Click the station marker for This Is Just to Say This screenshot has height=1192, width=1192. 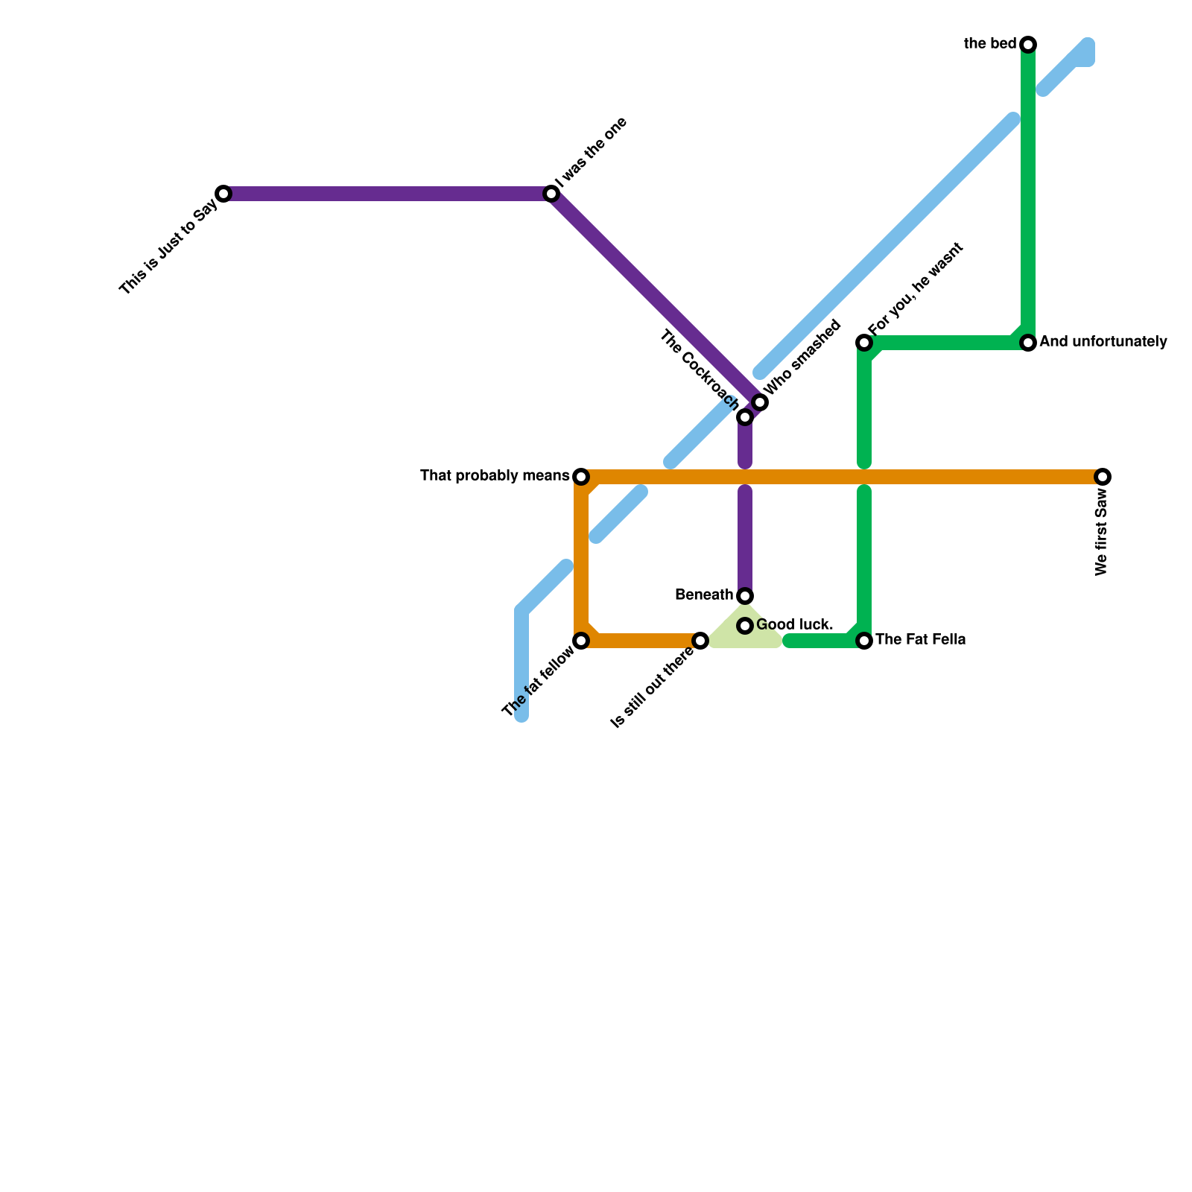(223, 194)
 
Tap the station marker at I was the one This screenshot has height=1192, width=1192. (551, 194)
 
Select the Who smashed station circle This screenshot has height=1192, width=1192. (760, 402)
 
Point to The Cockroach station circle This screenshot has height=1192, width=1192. (745, 417)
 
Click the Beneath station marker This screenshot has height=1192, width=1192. (745, 596)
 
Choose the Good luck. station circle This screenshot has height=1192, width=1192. (745, 626)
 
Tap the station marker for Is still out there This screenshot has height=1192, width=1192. (700, 641)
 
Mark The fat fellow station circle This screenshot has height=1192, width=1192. (581, 641)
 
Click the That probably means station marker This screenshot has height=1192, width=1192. (581, 477)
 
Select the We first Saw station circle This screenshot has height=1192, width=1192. (1103, 477)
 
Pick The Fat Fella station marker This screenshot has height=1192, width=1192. (864, 641)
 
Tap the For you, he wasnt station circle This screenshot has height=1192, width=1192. (864, 343)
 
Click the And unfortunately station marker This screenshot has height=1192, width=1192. (1028, 343)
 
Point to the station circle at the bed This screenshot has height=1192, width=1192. (1028, 45)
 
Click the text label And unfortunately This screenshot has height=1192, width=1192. (1103, 343)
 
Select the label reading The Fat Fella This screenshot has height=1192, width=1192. (920, 640)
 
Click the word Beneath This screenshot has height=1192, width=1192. (704, 595)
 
